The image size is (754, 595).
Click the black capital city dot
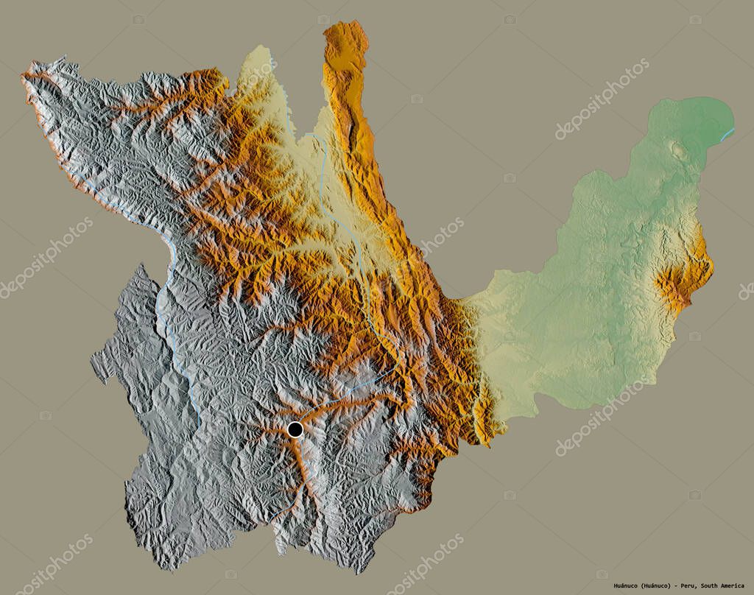click(x=295, y=429)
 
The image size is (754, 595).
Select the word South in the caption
click(x=713, y=586)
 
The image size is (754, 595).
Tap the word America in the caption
click(x=736, y=586)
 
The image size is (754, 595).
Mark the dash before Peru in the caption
click(x=676, y=586)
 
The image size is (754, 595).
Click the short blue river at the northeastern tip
click(x=727, y=133)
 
